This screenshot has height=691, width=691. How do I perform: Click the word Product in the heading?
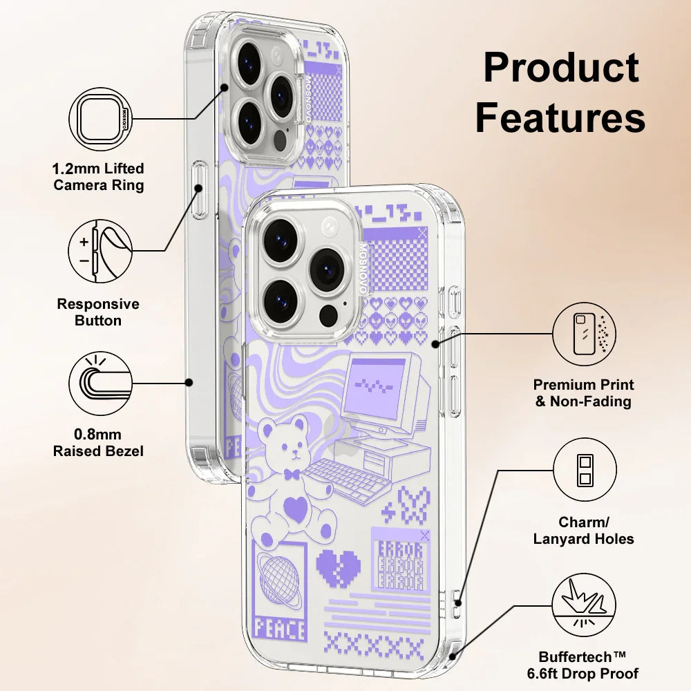tap(560, 69)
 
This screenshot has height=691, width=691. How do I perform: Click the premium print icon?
tap(585, 334)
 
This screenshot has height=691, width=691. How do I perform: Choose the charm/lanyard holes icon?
tap(585, 470)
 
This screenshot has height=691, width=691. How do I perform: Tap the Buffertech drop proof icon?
tap(585, 607)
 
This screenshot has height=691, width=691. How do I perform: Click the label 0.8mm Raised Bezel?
tap(99, 443)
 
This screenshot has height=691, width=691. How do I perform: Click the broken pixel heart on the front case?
tap(338, 567)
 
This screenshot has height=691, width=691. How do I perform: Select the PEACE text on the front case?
tap(279, 629)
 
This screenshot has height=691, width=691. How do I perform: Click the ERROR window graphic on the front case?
tap(400, 560)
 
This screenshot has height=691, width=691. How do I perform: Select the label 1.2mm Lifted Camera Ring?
tap(99, 177)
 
